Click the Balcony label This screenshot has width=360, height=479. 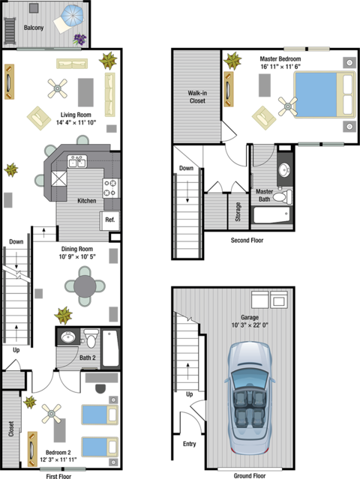[x=34, y=27]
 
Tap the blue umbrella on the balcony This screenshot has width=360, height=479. [x=73, y=15]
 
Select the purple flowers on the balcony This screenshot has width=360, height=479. [x=79, y=38]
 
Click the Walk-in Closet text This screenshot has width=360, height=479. [x=197, y=96]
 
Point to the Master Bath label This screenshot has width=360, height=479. [x=264, y=195]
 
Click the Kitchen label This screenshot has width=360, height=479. [x=86, y=201]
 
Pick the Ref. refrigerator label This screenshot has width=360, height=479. [x=109, y=220]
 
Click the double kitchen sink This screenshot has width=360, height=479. [x=77, y=160]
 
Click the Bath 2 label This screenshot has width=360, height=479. [x=88, y=358]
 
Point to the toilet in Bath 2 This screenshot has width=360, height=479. [x=91, y=338]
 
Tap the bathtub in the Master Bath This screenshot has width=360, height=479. [x=271, y=216]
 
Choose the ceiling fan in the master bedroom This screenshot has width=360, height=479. [x=287, y=106]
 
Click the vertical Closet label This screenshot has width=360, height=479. [x=11, y=428]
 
